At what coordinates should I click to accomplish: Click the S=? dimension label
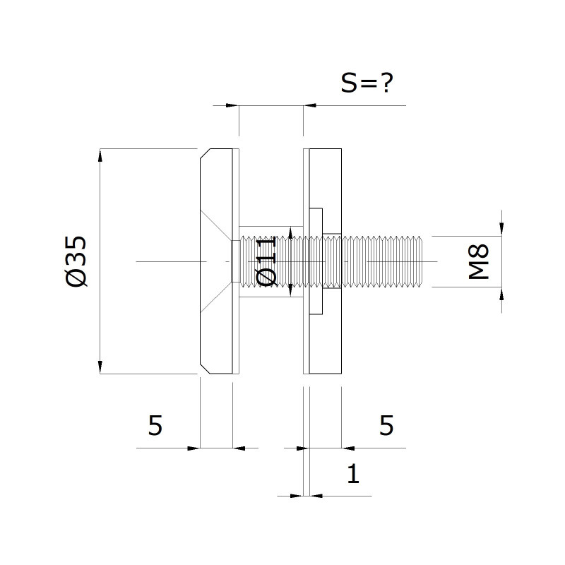tap(367, 83)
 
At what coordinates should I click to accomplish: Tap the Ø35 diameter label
tap(76, 261)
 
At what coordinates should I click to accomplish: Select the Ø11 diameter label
tap(266, 261)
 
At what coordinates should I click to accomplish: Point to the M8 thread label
tap(479, 261)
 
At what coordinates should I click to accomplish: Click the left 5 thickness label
tap(155, 426)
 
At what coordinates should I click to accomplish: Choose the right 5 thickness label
tap(386, 426)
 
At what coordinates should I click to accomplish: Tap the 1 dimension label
tap(353, 473)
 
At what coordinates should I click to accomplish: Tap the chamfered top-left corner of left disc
tap(206, 153)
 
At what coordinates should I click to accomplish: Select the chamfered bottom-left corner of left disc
tap(206, 369)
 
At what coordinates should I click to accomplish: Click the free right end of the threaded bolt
tap(422, 261)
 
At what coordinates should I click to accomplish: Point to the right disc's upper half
tap(326, 178)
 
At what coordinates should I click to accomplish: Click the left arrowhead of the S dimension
tap(232, 105)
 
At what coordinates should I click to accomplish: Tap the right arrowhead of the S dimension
tap(310, 105)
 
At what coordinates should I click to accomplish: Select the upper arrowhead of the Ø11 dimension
tap(290, 233)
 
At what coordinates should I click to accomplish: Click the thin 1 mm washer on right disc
tap(307, 261)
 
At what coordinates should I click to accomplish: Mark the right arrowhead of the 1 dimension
tap(316, 496)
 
